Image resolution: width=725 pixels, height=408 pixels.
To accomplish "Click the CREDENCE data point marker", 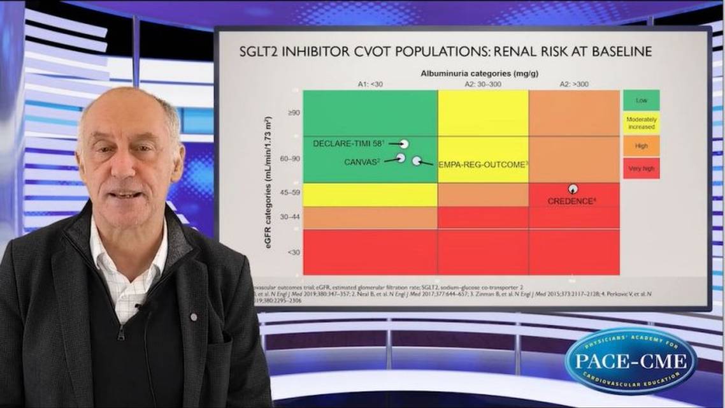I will click(573, 189).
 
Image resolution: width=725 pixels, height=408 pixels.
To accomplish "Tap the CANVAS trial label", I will click(362, 162).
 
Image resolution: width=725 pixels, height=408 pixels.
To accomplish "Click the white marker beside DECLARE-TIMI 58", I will click(404, 144).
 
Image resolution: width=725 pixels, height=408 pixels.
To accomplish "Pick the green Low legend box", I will click(641, 100).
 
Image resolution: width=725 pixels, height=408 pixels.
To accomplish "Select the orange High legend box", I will click(641, 146).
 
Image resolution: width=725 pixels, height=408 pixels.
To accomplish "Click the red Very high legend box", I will click(641, 168).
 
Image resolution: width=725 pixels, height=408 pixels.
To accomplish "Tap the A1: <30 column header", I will click(370, 84).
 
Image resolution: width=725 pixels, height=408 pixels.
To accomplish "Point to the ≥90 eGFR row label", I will click(276, 113).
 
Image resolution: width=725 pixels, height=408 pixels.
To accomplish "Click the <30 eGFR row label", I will click(276, 252).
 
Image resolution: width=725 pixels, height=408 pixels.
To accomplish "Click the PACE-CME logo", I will click(630, 361).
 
